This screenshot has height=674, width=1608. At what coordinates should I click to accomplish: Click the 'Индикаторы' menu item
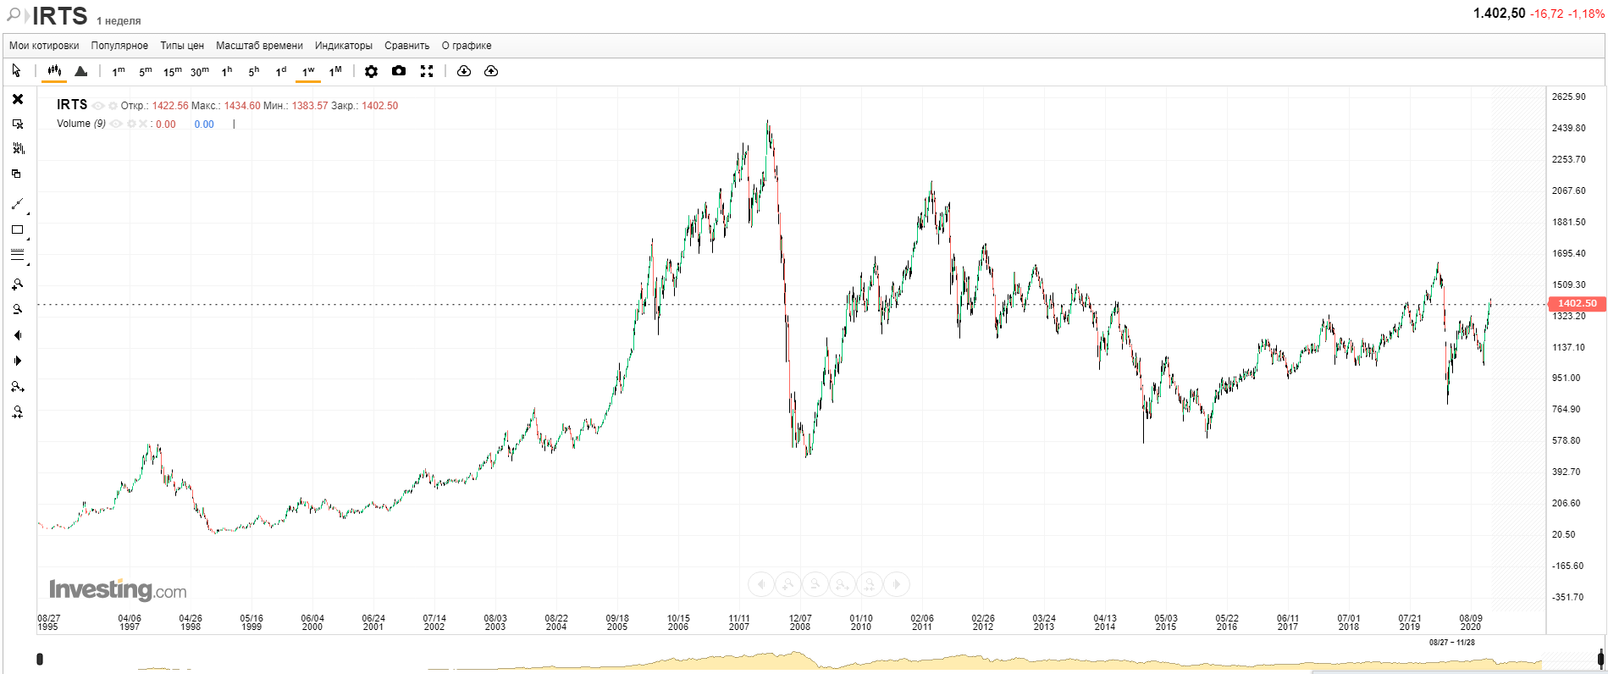point(343,46)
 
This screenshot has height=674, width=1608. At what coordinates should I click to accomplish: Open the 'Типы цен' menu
point(182,46)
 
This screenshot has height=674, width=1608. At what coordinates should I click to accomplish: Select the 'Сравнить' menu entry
point(406,46)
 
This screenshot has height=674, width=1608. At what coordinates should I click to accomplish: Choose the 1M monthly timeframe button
point(335,71)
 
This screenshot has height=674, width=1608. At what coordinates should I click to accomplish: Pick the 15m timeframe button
point(172,71)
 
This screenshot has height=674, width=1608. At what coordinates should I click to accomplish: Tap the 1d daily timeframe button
point(281,71)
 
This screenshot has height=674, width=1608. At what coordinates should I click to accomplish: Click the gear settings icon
point(371,71)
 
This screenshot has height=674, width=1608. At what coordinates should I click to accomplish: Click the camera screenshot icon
point(399,71)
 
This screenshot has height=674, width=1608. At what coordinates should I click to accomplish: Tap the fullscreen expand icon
point(427,71)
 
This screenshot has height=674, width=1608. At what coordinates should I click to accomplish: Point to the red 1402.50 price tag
point(1577,303)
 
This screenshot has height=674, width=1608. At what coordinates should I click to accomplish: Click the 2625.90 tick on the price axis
point(1568,97)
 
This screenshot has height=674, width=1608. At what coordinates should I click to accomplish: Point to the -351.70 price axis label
point(1567,597)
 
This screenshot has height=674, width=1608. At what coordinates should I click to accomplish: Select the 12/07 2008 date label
point(800,622)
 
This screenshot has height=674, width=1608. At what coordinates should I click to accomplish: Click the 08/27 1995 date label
point(48,622)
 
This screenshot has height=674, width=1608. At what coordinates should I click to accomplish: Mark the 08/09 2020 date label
point(1471,622)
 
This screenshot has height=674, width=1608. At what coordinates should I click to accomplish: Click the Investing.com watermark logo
point(118,589)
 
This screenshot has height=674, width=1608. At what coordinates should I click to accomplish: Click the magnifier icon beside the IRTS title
point(14,15)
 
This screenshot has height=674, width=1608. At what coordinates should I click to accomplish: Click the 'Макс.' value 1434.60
point(242,106)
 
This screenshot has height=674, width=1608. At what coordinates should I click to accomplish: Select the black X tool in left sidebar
point(17,99)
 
